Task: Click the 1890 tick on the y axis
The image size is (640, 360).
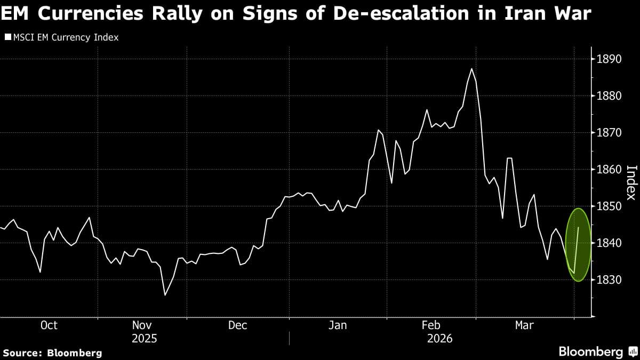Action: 610,59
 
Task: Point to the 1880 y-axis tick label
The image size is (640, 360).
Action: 610,96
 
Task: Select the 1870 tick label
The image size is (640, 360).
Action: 610,133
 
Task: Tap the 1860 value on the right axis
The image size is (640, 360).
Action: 610,170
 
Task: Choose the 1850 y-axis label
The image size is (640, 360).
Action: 610,206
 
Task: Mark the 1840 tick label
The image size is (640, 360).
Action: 610,243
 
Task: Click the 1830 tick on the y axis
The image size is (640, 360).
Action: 610,280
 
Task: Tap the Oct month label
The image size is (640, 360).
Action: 49,325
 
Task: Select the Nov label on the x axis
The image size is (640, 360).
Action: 142,325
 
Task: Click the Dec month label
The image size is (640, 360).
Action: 237,325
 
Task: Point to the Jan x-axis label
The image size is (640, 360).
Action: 337,325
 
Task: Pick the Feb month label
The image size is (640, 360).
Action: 431,325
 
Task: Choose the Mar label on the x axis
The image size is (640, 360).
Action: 524,325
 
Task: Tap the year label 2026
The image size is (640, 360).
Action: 439,339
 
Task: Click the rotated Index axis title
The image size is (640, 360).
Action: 631,182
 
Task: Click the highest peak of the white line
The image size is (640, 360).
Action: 471,69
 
